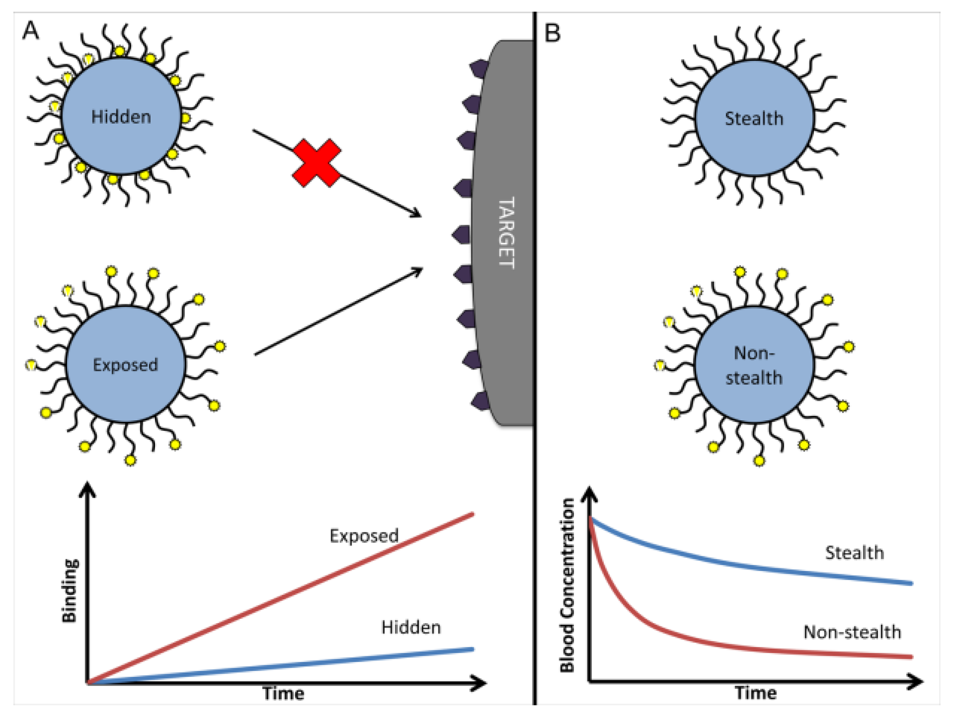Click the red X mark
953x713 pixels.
click(317, 163)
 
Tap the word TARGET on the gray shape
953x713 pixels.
click(506, 233)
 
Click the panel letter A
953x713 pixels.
click(31, 31)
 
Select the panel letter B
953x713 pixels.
click(553, 33)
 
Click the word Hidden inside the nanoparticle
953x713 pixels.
click(121, 117)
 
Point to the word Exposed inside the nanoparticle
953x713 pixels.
click(125, 365)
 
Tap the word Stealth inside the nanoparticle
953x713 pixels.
click(753, 119)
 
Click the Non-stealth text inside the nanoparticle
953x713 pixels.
click(753, 365)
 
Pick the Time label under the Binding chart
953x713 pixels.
click(283, 694)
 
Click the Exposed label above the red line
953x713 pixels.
click(364, 536)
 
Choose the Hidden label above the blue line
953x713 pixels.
click(411, 628)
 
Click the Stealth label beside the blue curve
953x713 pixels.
click(854, 553)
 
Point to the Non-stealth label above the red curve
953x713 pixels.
click(852, 632)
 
